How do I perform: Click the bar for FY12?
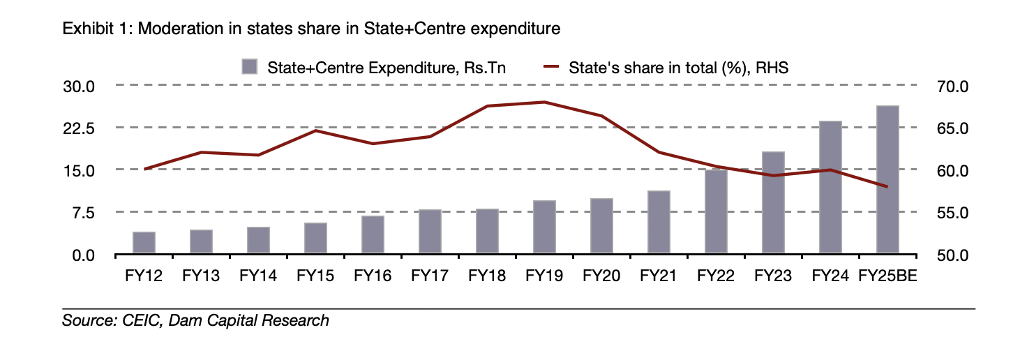(x=144, y=243)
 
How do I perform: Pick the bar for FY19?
(x=544, y=227)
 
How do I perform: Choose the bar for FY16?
(x=373, y=235)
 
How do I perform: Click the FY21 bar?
(x=659, y=223)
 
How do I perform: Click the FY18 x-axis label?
(x=487, y=276)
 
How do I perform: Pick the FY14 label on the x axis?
(x=258, y=276)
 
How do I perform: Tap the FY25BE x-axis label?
(x=887, y=276)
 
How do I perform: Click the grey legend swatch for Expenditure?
(x=249, y=67)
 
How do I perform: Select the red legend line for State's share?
(x=552, y=67)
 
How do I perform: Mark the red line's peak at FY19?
(x=544, y=102)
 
